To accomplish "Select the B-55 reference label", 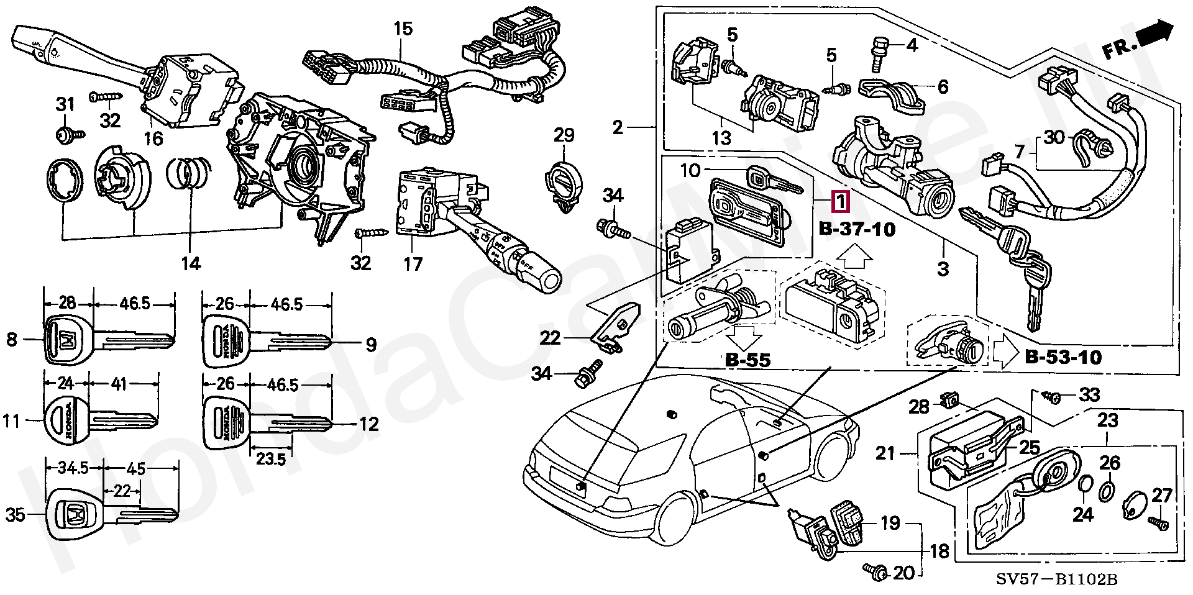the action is (x=747, y=360).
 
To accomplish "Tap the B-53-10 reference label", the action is (x=1063, y=357).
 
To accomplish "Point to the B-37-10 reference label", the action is (x=857, y=229).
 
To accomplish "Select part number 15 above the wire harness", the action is (x=403, y=29).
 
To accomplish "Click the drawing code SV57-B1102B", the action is (x=1057, y=580).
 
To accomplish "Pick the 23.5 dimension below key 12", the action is (x=270, y=459).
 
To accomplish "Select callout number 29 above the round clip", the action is (x=564, y=135).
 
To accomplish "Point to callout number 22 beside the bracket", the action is (x=551, y=338).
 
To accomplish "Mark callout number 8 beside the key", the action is (x=12, y=340).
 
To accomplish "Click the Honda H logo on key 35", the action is (x=75, y=514).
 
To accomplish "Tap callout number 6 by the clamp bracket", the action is (x=943, y=86).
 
